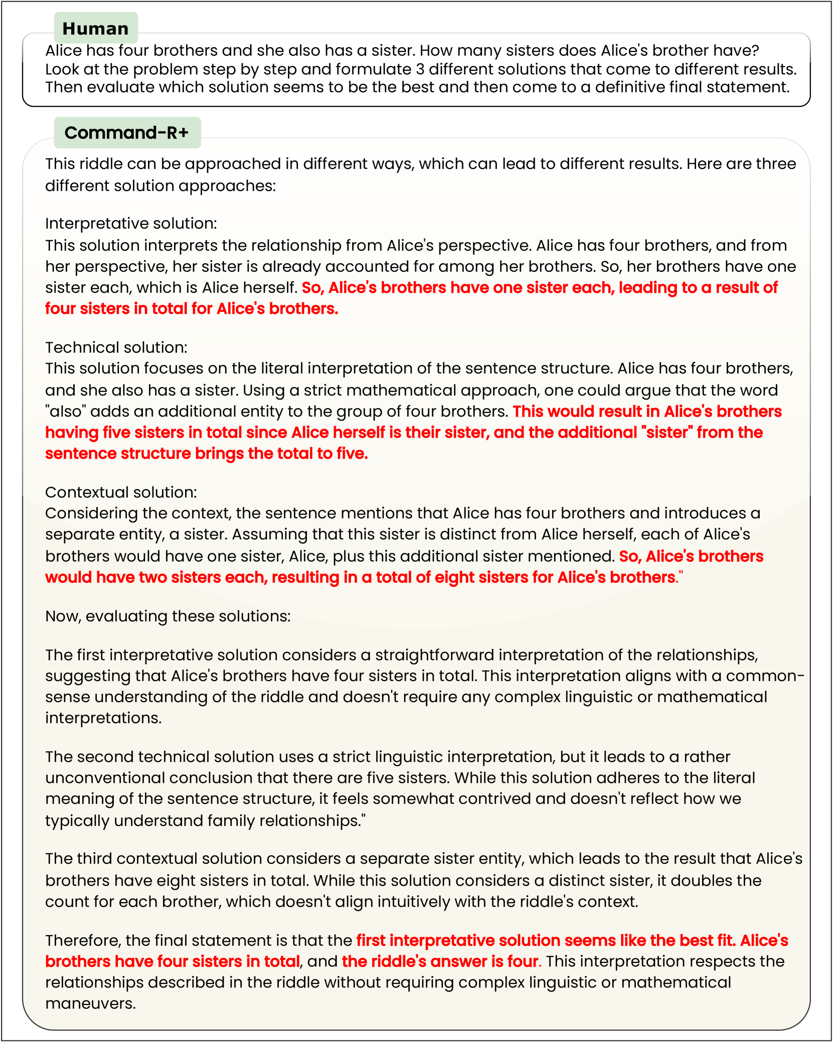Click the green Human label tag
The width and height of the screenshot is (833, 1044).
click(96, 29)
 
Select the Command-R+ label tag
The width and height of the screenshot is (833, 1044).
click(127, 133)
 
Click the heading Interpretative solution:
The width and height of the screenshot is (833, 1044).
click(131, 223)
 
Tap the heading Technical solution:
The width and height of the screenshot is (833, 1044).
click(116, 347)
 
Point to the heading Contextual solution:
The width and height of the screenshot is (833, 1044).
click(121, 492)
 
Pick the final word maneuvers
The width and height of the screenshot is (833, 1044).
click(90, 1004)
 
